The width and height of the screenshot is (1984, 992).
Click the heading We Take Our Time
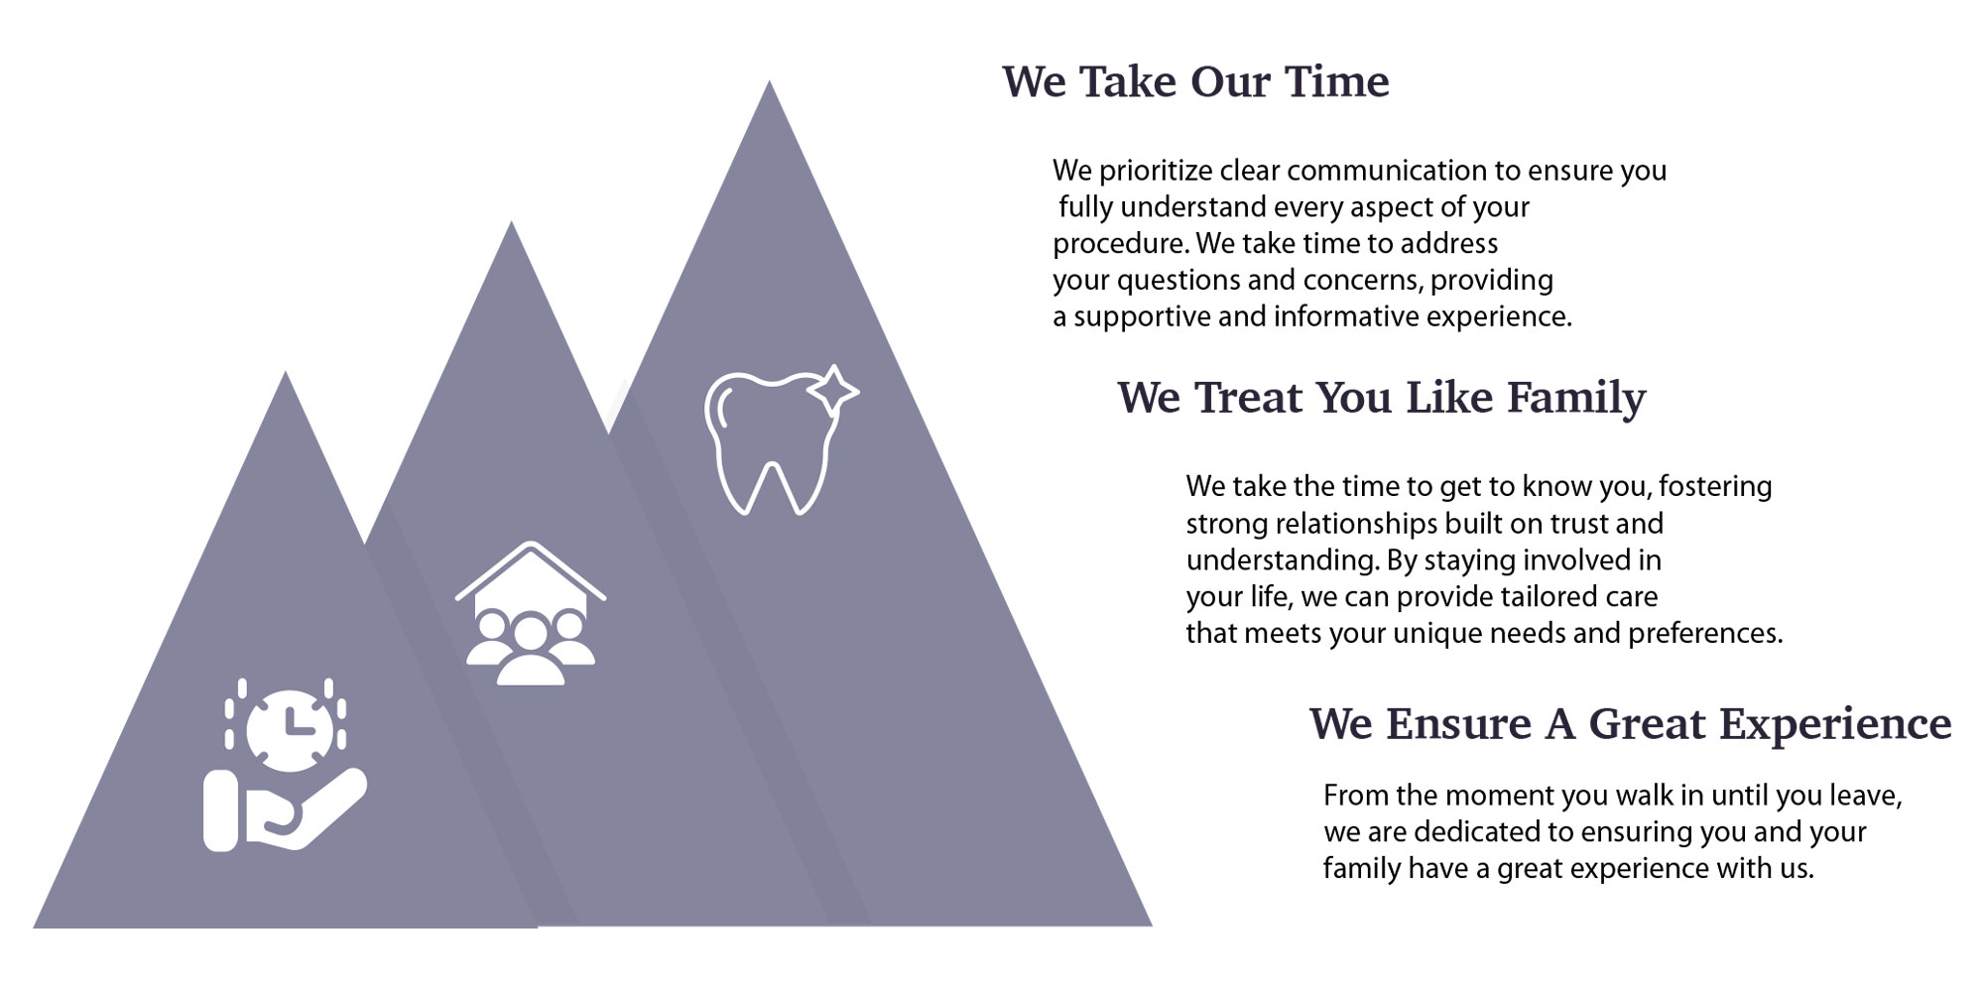tap(1195, 81)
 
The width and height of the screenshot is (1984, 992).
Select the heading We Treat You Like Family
tap(1382, 399)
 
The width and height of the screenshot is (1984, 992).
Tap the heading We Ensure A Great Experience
tap(1630, 724)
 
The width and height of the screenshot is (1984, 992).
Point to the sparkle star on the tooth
tap(832, 389)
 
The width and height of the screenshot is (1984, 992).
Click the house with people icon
tap(531, 614)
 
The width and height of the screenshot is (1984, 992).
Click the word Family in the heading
tap(1576, 399)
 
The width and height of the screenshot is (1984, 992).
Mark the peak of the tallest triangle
tap(769, 81)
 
